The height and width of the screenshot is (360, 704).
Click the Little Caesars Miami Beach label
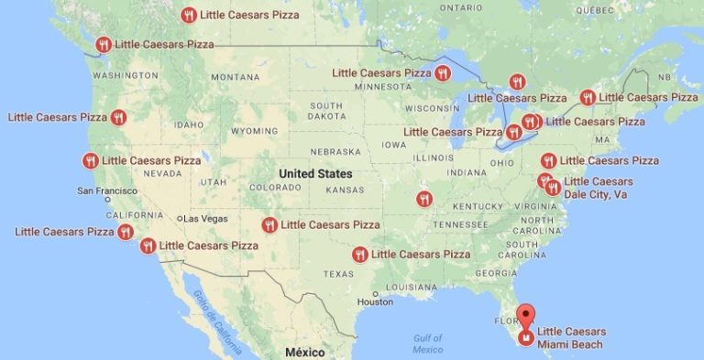(570, 337)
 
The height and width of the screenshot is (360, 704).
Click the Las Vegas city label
(205, 219)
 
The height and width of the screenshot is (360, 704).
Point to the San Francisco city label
(106, 191)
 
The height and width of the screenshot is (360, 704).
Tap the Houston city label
(375, 301)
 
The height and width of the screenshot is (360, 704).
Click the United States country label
(315, 173)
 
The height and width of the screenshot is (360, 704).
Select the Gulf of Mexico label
(428, 343)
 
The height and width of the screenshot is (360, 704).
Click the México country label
(304, 352)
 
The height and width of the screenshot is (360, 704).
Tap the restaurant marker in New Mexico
(269, 224)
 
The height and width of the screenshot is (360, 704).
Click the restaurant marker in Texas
(360, 254)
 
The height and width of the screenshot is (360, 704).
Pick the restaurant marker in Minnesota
(443, 72)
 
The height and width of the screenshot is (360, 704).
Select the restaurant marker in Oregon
(118, 117)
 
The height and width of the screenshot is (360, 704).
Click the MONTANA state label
(236, 77)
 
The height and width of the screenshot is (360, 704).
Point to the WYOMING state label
(254, 131)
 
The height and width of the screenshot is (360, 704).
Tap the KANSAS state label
(344, 190)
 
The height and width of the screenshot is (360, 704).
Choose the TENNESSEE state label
(460, 224)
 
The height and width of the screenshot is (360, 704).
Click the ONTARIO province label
(460, 7)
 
